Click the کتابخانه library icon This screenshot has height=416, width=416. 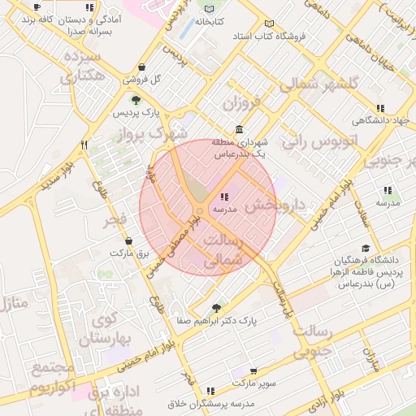click(204, 7)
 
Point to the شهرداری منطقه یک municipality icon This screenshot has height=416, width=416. click(239, 130)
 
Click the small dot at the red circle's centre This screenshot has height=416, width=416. click(200, 210)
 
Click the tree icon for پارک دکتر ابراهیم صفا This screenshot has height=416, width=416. click(215, 307)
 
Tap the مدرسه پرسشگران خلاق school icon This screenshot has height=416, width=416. click(211, 391)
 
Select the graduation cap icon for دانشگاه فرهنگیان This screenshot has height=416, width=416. click(366, 249)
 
